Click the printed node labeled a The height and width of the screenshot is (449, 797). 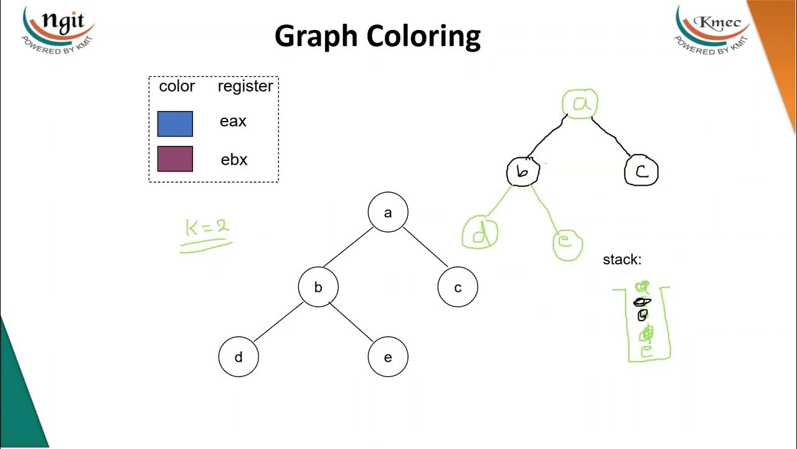click(x=388, y=213)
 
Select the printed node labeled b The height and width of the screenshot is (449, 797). click(x=318, y=287)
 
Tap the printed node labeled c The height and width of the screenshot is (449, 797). click(x=458, y=287)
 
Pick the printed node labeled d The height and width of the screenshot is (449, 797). click(x=238, y=357)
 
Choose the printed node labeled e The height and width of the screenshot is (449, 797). click(x=388, y=357)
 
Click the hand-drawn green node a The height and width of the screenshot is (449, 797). click(x=580, y=104)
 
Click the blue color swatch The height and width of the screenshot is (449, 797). click(x=175, y=123)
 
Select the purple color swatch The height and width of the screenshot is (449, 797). click(x=175, y=159)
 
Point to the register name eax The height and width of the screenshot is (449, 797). click(x=233, y=122)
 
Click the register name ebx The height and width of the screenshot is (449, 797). click(x=234, y=160)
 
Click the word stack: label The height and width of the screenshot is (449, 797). click(x=621, y=259)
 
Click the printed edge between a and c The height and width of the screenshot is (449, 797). click(x=425, y=247)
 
